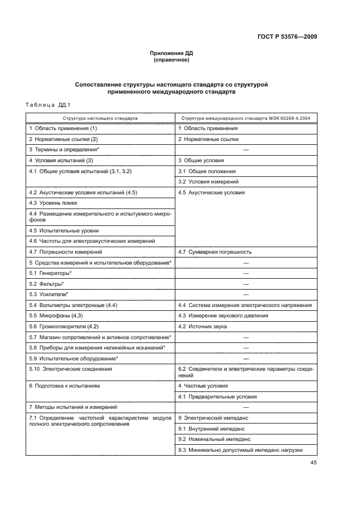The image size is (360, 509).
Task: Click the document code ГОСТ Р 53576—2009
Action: point(288,37)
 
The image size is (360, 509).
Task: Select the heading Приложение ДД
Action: point(172,53)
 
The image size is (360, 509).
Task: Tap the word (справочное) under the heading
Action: point(172,60)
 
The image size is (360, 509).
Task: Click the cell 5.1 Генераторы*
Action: point(51,273)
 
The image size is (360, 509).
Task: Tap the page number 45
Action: point(314,463)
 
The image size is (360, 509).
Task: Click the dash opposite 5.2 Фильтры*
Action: point(246,284)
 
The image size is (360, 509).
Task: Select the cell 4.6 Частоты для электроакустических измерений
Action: point(92,241)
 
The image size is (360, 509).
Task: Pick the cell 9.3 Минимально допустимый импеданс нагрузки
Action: point(240,450)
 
